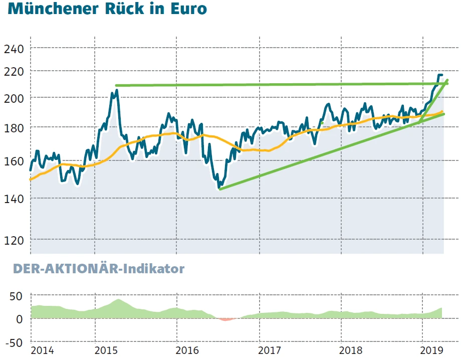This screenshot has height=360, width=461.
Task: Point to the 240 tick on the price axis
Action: pyautogui.click(x=14, y=49)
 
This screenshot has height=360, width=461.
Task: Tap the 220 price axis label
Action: pyautogui.click(x=14, y=72)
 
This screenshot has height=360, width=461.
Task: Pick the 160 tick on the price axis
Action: pyautogui.click(x=14, y=161)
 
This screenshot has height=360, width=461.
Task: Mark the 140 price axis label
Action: pyautogui.click(x=14, y=199)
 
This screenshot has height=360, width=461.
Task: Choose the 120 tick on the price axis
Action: pyautogui.click(x=14, y=240)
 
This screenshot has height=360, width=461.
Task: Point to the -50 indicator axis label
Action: pyautogui.click(x=14, y=343)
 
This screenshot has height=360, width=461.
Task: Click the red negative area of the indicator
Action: pyautogui.click(x=226, y=318)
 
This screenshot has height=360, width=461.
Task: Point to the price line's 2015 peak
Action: pyautogui.click(x=116, y=91)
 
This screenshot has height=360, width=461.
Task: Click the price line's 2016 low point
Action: pyautogui.click(x=219, y=189)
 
